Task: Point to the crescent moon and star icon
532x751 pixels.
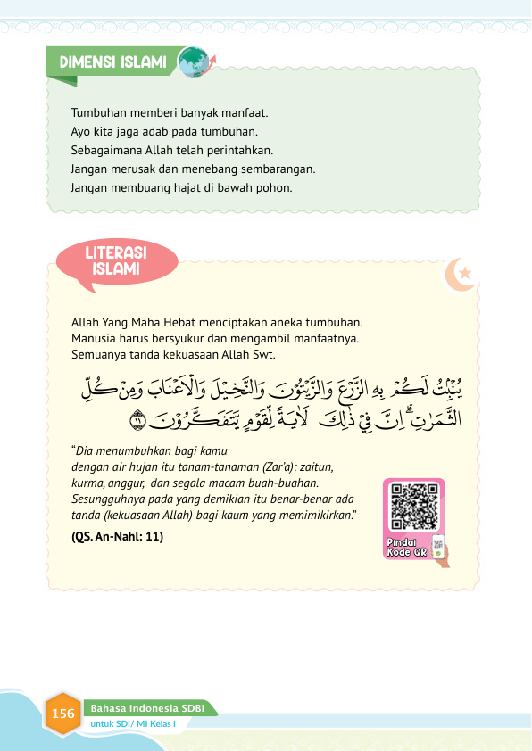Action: [x=464, y=276]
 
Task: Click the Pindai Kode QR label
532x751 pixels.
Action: [x=409, y=546]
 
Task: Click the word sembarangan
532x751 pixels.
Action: [x=280, y=169]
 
